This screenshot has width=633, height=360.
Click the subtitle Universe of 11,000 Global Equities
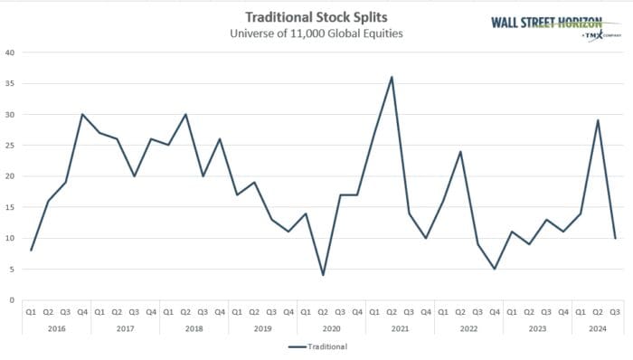(316, 34)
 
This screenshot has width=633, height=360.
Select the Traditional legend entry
(323, 346)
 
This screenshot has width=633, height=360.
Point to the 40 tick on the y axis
(10, 52)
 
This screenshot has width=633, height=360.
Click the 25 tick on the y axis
(10, 146)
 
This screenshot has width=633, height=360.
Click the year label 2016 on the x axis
(56, 328)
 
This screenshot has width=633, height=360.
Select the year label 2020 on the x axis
(331, 328)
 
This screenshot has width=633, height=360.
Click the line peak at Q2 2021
(391, 77)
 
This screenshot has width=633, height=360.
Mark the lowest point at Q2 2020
(323, 275)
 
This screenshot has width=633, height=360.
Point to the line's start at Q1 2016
(32, 251)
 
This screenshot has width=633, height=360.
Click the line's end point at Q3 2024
(615, 238)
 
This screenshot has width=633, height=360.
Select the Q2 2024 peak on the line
(598, 120)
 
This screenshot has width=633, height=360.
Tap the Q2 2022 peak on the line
(460, 151)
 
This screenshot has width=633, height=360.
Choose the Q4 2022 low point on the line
(495, 269)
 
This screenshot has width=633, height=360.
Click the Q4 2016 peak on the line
(83, 114)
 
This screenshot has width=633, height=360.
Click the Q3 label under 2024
(615, 312)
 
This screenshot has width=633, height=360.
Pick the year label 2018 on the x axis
(194, 328)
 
